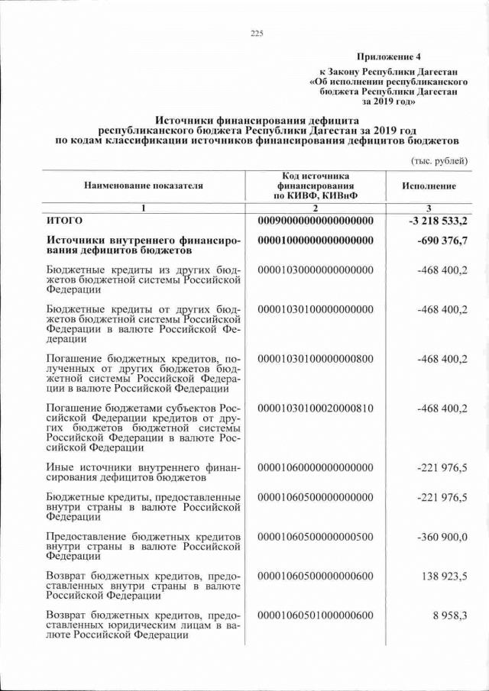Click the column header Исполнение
[x=429, y=186]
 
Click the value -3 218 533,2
[x=438, y=221]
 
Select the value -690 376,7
[x=443, y=241]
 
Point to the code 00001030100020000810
[x=316, y=408]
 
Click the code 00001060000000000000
[x=316, y=467]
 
